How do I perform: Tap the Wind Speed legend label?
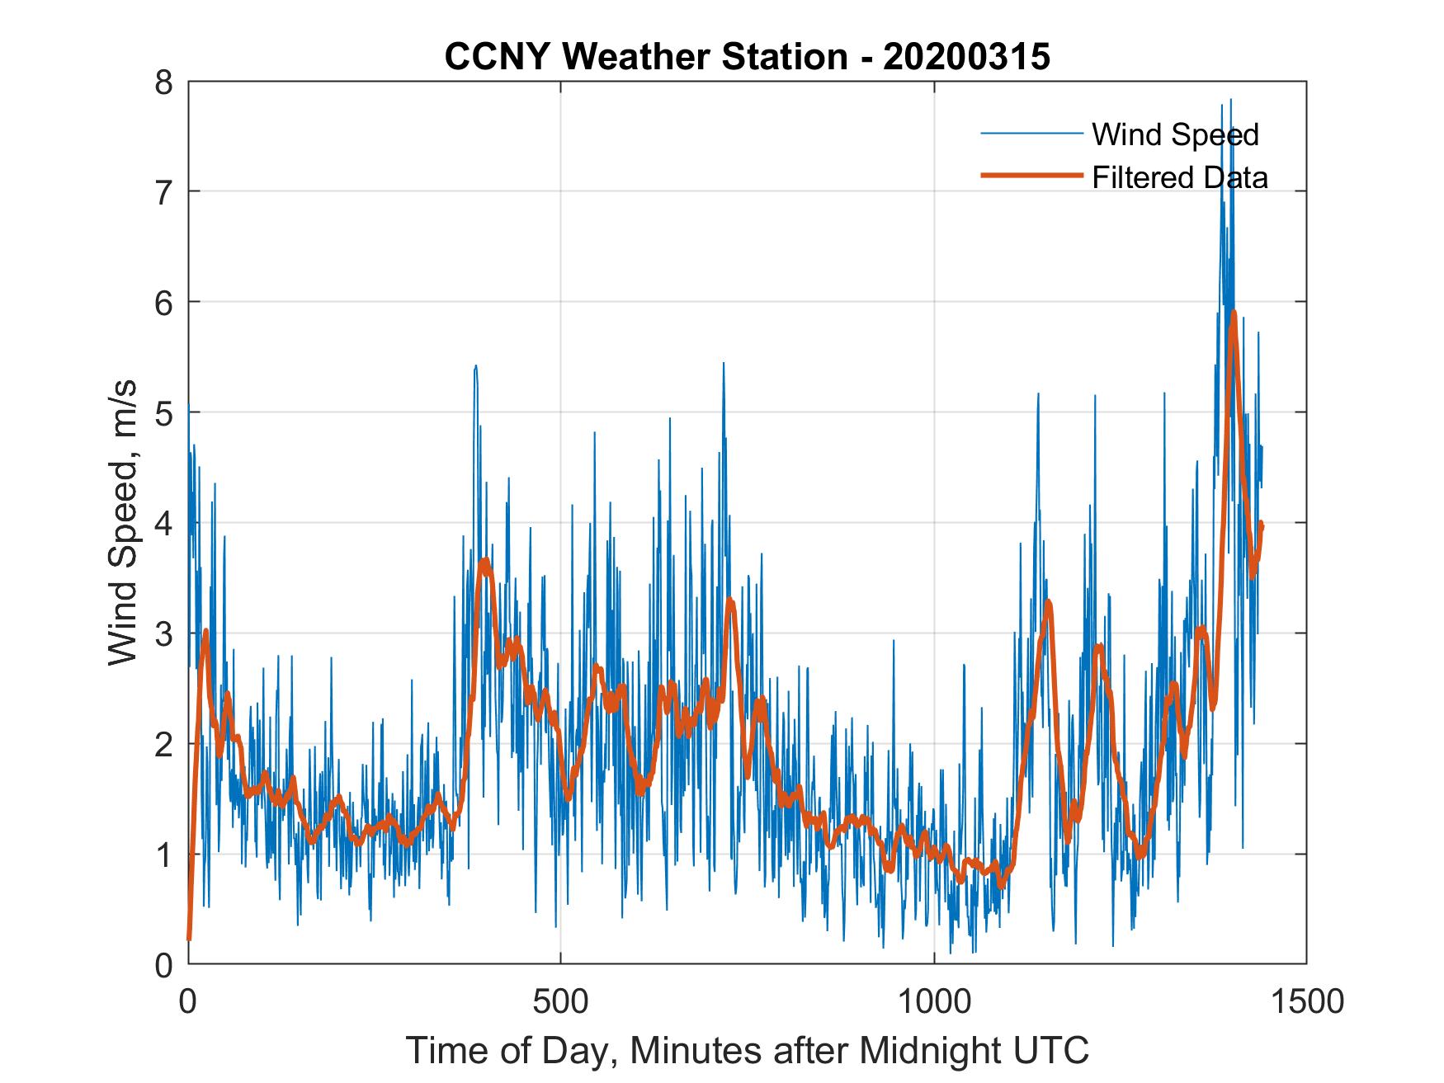coord(1175,134)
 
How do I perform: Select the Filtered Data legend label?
coord(1179,177)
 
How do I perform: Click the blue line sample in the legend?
coord(1031,134)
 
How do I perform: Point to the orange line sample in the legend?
coord(1031,175)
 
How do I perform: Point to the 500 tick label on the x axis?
coord(561,1001)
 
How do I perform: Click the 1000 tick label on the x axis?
coord(933,1001)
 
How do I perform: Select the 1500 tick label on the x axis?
coord(1306,1001)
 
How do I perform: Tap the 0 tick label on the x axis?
coord(188,1001)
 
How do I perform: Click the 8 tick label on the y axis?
coord(164,82)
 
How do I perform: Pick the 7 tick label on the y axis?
coord(164,192)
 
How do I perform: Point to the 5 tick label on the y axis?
coord(164,412)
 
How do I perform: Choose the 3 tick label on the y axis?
coord(164,633)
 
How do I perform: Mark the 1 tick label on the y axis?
coord(164,855)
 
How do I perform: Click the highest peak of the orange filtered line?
coord(1234,313)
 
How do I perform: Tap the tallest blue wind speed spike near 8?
coord(1231,101)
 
